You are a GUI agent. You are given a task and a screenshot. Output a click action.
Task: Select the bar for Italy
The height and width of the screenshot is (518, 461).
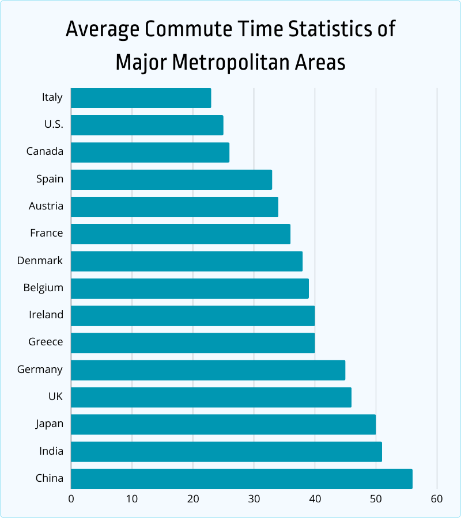pos(141,98)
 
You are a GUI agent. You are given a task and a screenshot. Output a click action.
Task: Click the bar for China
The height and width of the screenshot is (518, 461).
pos(241,479)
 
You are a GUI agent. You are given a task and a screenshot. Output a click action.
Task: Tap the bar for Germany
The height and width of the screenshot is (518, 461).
pos(208,370)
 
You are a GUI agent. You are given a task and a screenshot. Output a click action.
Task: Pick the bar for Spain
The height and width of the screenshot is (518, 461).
pos(171,180)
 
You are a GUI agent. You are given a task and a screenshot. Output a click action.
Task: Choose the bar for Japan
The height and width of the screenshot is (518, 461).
pos(223,424)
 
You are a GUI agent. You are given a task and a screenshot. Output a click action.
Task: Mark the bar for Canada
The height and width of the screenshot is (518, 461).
pos(150,153)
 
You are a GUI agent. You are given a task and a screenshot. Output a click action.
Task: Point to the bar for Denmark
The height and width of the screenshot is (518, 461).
pos(187,261)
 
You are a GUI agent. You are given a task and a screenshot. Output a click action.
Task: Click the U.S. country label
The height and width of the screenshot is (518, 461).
pos(54,124)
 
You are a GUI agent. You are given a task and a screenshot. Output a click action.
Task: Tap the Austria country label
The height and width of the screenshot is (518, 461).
pos(46,206)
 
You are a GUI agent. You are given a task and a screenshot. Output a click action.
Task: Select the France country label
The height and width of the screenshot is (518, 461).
pos(47,233)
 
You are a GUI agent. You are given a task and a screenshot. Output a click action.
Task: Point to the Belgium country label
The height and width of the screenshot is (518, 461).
pos(43,287)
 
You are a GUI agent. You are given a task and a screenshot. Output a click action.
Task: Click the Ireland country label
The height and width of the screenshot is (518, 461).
pos(46,315)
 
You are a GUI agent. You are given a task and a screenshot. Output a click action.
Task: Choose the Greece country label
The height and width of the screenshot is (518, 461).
pos(46,342)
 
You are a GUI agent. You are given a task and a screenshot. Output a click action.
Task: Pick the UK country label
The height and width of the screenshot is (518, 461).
pos(55,397)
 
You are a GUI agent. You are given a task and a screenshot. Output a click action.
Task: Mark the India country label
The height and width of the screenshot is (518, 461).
pos(51,451)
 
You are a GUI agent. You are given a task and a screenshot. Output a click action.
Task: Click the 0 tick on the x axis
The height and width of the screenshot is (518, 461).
pos(71,498)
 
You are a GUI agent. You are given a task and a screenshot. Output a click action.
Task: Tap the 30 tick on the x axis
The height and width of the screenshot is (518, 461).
pos(254,498)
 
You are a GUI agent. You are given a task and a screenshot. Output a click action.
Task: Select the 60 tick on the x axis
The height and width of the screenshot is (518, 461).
pos(436,498)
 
